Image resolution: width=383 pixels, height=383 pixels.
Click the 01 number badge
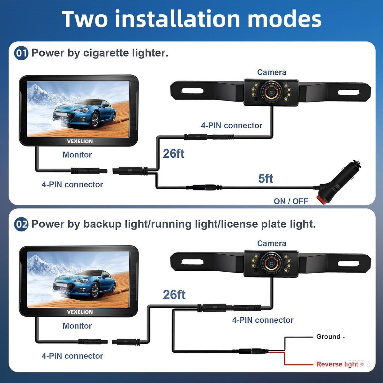point(21,53)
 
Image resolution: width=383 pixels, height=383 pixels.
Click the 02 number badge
point(21,224)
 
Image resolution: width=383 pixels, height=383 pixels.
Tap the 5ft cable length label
point(266,178)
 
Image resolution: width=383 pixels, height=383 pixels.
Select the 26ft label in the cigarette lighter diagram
point(174,154)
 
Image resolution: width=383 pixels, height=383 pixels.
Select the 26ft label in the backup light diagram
point(174,295)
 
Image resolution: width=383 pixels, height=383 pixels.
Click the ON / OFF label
point(291,201)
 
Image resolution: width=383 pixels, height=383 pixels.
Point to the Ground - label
point(330,336)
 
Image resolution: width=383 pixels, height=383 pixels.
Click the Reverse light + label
point(340,364)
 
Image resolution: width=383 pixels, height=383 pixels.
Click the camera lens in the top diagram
point(271,92)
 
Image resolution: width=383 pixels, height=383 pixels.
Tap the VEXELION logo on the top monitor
point(80,141)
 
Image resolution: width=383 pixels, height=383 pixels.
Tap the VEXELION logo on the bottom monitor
point(80,312)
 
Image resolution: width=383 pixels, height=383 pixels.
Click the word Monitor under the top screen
point(77,154)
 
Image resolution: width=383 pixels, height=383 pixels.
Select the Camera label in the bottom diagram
point(272,244)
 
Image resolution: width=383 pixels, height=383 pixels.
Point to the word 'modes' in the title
point(284,19)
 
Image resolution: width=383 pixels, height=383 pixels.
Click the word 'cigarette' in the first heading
point(106,53)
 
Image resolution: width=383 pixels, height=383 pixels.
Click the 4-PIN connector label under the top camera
point(232,125)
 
